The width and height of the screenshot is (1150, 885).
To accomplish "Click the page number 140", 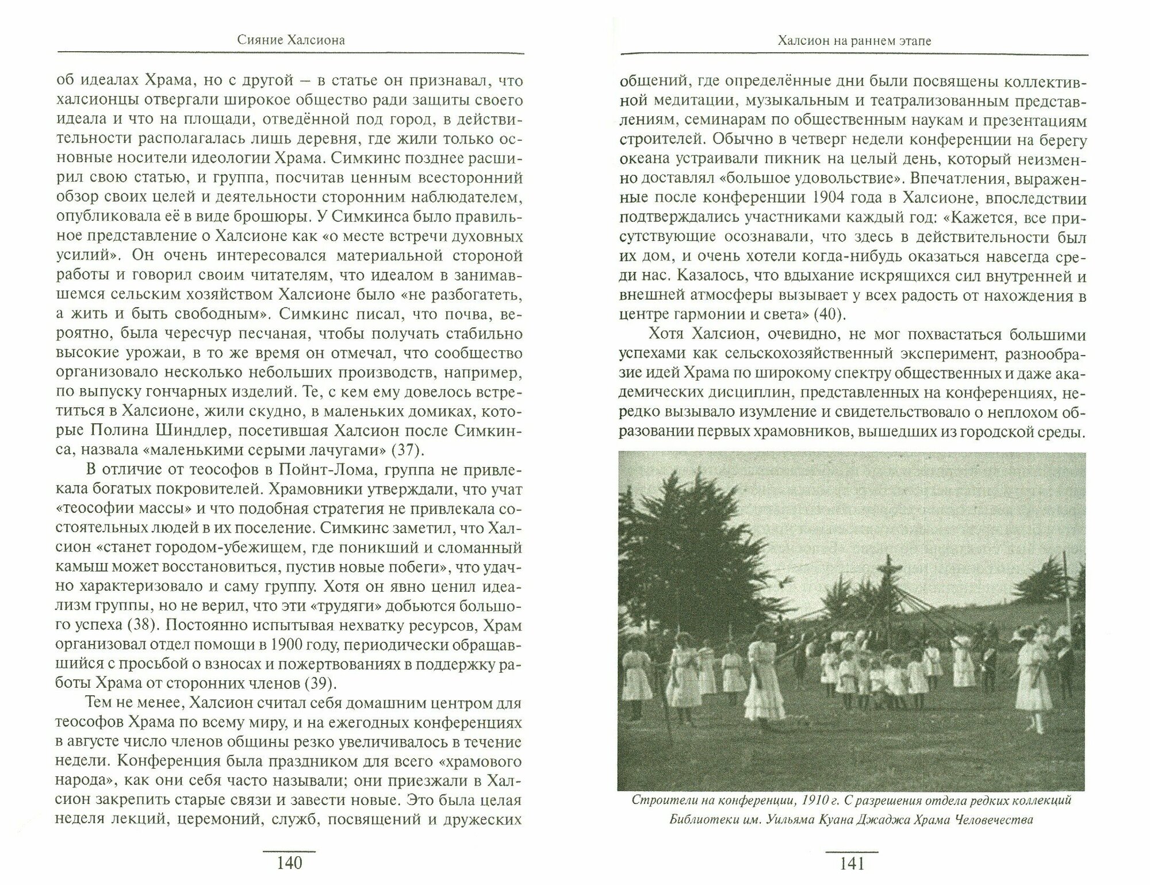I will (289, 863).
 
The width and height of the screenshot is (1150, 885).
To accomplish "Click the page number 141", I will (852, 863).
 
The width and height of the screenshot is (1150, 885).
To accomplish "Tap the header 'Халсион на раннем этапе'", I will (853, 41).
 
